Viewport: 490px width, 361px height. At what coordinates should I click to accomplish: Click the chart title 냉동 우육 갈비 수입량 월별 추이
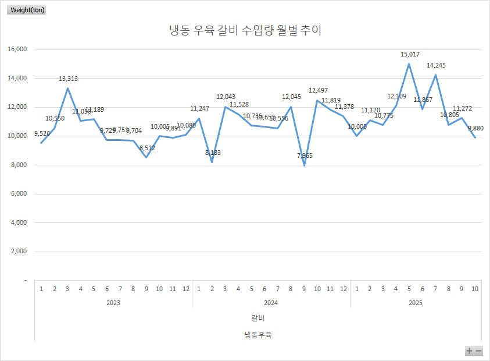tap(245, 31)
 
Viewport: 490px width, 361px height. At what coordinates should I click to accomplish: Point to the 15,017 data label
tap(410, 54)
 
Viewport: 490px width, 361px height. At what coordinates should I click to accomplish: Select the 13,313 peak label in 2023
tap(68, 79)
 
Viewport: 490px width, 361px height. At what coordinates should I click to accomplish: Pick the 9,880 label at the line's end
tap(475, 128)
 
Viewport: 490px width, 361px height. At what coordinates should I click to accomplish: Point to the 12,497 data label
tap(318, 90)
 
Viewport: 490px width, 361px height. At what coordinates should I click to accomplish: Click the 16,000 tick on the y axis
tap(17, 49)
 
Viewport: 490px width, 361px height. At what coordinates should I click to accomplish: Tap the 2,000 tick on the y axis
tap(19, 252)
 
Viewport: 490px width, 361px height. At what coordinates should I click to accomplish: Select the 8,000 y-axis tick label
tap(19, 165)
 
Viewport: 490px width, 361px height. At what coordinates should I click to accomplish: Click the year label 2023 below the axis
tap(113, 303)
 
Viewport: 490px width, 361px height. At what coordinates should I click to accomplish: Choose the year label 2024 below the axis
tap(271, 303)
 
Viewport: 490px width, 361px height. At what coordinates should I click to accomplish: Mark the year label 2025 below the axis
tap(415, 303)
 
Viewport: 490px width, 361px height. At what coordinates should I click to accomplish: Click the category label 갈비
tap(258, 318)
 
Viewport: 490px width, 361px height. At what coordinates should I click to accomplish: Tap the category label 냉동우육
tap(258, 335)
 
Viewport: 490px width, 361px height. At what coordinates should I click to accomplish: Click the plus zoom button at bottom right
tap(469, 351)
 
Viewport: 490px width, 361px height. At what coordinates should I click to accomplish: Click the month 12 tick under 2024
tap(344, 289)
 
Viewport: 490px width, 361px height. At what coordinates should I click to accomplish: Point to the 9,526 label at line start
tap(42, 133)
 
